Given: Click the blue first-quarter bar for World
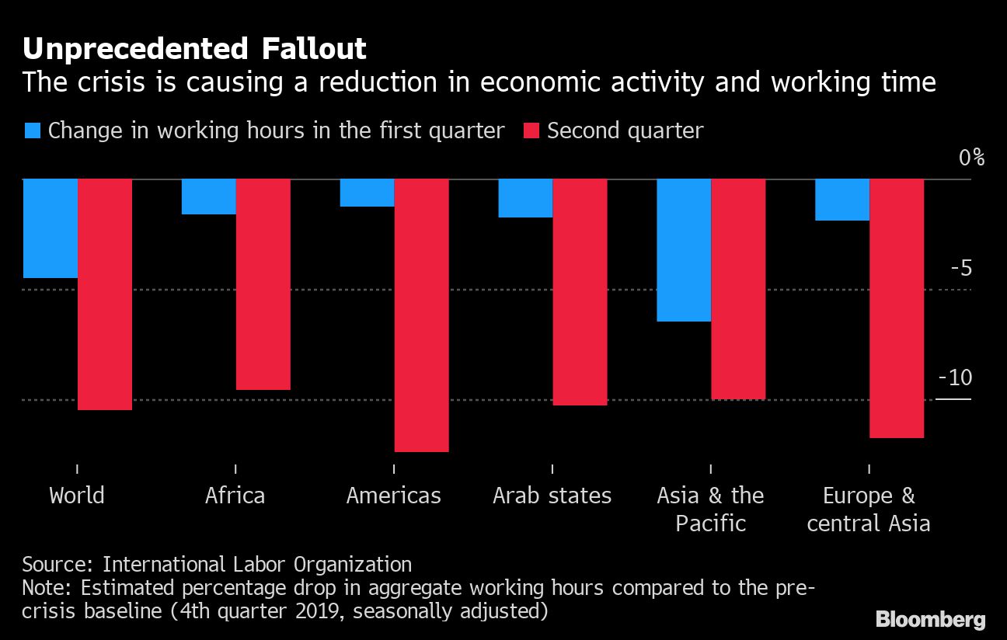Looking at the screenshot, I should click(x=51, y=228).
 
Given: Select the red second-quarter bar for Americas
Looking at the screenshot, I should click(x=421, y=315).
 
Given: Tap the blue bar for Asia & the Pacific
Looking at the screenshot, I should click(x=684, y=249).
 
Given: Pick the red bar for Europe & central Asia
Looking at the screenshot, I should click(x=897, y=308).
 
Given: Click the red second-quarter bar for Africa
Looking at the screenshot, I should click(x=263, y=284).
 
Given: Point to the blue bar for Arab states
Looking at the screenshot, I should click(x=525, y=198).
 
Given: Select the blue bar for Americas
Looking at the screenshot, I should click(x=367, y=193).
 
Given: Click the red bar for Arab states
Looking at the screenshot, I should click(x=580, y=292).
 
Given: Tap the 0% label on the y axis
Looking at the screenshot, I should click(x=971, y=158).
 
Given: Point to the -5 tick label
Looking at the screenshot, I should click(x=960, y=269).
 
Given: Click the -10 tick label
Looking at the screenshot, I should click(x=955, y=378).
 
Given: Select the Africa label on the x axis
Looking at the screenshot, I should click(x=235, y=496).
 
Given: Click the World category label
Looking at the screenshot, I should click(x=77, y=496).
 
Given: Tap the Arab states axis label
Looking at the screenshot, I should click(x=552, y=496).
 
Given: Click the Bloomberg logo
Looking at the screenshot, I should click(x=930, y=619).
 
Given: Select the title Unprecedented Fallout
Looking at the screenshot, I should click(x=194, y=50).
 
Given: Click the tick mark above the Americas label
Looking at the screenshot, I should click(x=394, y=468).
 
